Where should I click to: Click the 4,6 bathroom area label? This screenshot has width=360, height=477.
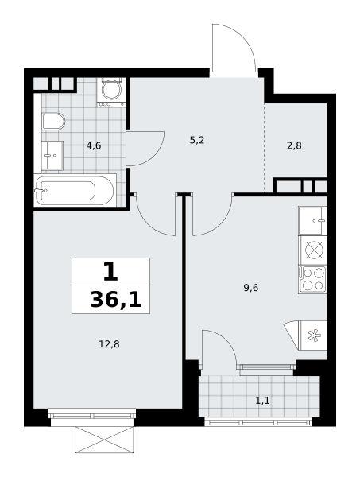coord(93,146)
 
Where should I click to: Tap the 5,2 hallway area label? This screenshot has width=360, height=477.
coord(197,140)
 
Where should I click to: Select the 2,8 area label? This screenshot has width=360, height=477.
coord(294,146)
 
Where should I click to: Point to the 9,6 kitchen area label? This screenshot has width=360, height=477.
coord(251,288)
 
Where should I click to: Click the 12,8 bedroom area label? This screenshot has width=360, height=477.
coord(109,344)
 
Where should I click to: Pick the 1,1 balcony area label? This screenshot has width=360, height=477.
coord(262,401)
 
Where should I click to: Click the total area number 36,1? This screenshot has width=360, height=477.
coord(116,301)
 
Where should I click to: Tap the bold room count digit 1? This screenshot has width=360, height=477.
coord(110,272)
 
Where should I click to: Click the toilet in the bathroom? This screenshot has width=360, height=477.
coord(53,122)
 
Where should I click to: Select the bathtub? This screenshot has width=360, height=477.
coord(75,191)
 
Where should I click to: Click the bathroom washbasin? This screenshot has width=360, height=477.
coord(52,156)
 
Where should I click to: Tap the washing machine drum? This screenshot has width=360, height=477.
coord(110,90)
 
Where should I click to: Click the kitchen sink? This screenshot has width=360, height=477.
coord(312,220)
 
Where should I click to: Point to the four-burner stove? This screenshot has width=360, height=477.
coord(312,280)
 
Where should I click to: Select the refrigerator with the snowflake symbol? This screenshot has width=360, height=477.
coord(313,335)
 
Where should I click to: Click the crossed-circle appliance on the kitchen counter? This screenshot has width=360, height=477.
coord(314,250)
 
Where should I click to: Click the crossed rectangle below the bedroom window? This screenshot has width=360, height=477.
coord(104,440)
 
